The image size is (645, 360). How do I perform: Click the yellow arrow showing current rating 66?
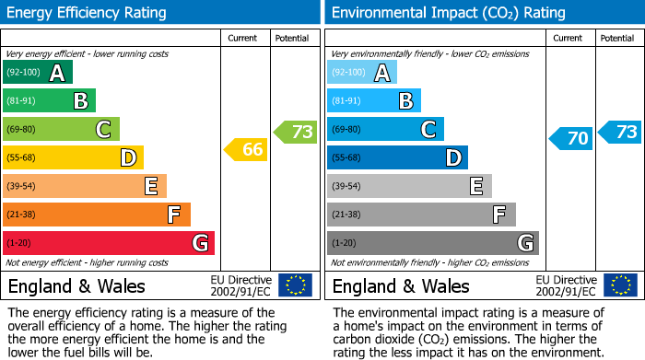(x=246, y=149)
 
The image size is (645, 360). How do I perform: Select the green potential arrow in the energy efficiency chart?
(x=296, y=132)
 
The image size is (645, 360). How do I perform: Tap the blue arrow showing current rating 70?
(x=571, y=139)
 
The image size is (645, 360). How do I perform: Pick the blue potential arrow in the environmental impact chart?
(x=620, y=132)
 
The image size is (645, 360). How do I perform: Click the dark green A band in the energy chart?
(x=38, y=73)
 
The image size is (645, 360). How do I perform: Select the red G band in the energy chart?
(x=109, y=243)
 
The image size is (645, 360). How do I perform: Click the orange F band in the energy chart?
(x=97, y=215)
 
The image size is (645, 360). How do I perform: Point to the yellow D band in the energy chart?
(x=73, y=157)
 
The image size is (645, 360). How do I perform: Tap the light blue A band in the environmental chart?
(x=362, y=73)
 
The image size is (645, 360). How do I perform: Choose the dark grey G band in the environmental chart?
(x=433, y=243)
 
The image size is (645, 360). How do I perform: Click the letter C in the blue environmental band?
(x=428, y=130)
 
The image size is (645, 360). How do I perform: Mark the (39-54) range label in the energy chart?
(x=22, y=187)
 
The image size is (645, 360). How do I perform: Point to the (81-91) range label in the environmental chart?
(x=346, y=101)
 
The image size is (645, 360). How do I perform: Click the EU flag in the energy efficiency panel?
(x=295, y=285)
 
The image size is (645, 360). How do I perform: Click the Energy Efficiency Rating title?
(x=88, y=13)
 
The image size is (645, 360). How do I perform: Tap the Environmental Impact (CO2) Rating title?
(x=447, y=13)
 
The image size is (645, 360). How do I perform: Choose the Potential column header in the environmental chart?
(x=617, y=38)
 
